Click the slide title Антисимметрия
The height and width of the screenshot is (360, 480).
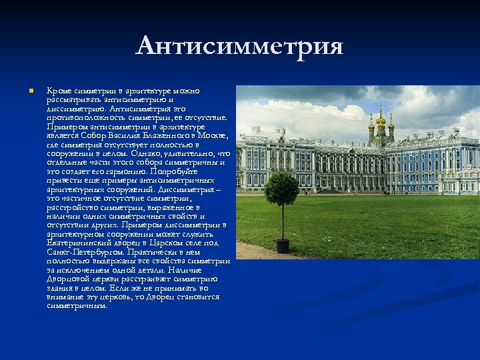click(239, 47)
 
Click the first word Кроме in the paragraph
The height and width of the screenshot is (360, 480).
click(57, 91)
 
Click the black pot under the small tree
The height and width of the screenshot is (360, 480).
click(283, 246)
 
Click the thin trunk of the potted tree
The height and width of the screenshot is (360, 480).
click(282, 223)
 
